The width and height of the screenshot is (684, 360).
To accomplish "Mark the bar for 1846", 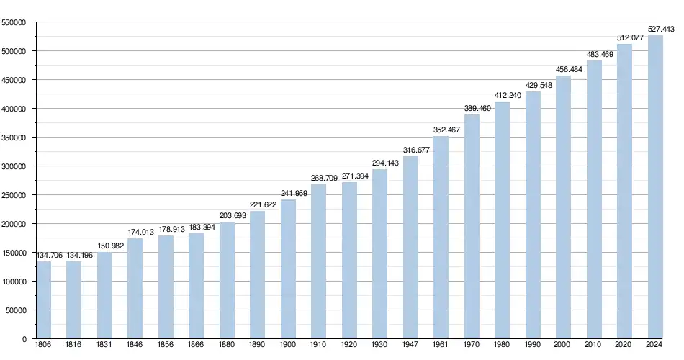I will click(135, 288).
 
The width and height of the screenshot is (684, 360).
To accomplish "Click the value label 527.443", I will click(660, 29).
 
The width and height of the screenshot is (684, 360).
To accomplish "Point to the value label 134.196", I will click(74, 255).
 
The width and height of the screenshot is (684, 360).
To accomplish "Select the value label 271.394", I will click(349, 176).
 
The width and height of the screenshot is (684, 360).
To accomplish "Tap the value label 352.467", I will click(441, 130).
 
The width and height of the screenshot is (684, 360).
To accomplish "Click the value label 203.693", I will click(227, 215).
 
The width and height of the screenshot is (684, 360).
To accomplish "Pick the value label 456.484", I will click(564, 69).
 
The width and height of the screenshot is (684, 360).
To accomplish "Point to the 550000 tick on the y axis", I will click(14, 22).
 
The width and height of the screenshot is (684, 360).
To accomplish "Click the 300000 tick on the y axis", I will click(14, 166).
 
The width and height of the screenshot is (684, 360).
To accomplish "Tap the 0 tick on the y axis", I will click(24, 339).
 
